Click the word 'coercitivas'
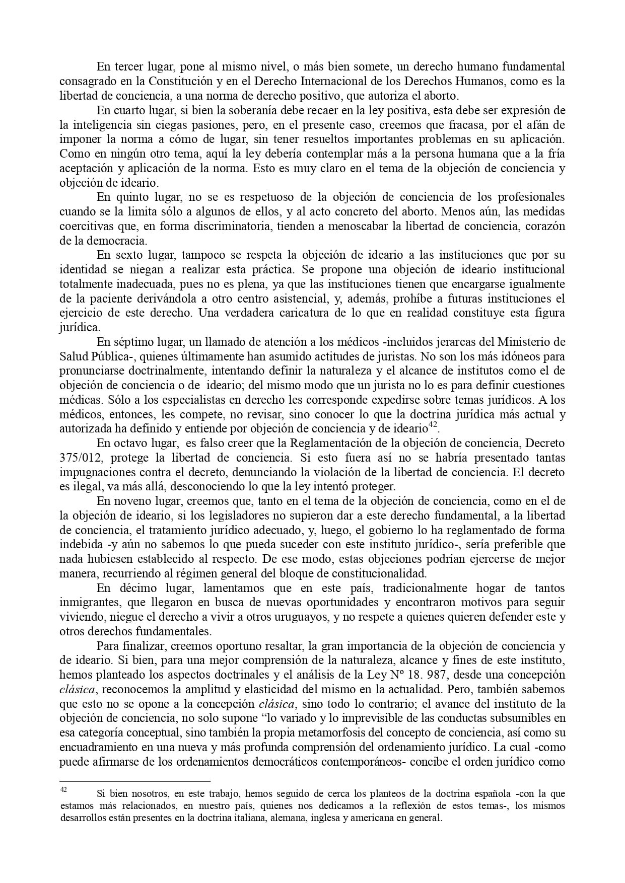pos(85,226)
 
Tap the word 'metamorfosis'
pos(296,732)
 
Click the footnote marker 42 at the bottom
pos(63,790)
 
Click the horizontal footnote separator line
pos(134,781)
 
